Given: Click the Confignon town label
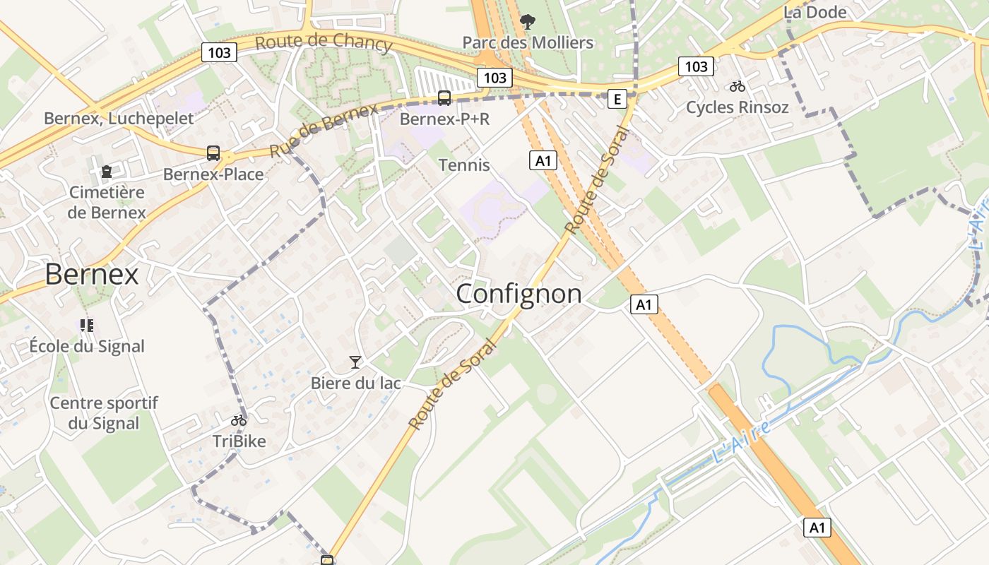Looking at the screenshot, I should click(519, 294).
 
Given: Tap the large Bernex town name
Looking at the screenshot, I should click(92, 274).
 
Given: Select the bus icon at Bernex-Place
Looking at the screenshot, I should click(213, 153).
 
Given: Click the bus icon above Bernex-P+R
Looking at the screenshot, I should click(444, 98).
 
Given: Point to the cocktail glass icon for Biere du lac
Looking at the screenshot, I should click(355, 362).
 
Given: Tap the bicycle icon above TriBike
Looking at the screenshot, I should click(239, 420).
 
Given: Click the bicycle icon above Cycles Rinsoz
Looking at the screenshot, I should click(738, 86).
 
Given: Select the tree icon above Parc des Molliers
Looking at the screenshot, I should click(527, 22).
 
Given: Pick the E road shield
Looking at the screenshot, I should click(617, 99).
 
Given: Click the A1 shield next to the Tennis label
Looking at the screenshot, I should click(543, 160).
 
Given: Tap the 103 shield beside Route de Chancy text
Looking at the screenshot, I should click(220, 52).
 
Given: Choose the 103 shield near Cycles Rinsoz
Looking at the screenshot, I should click(696, 66).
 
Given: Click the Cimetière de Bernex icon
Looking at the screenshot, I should click(107, 172).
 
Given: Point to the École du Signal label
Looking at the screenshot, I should click(87, 346).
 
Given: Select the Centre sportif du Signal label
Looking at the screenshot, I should click(105, 413).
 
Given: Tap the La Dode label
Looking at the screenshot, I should click(815, 12).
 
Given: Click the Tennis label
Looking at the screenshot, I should click(464, 165).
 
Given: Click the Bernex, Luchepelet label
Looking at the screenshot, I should click(119, 118).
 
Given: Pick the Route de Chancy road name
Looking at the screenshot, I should click(323, 42).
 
